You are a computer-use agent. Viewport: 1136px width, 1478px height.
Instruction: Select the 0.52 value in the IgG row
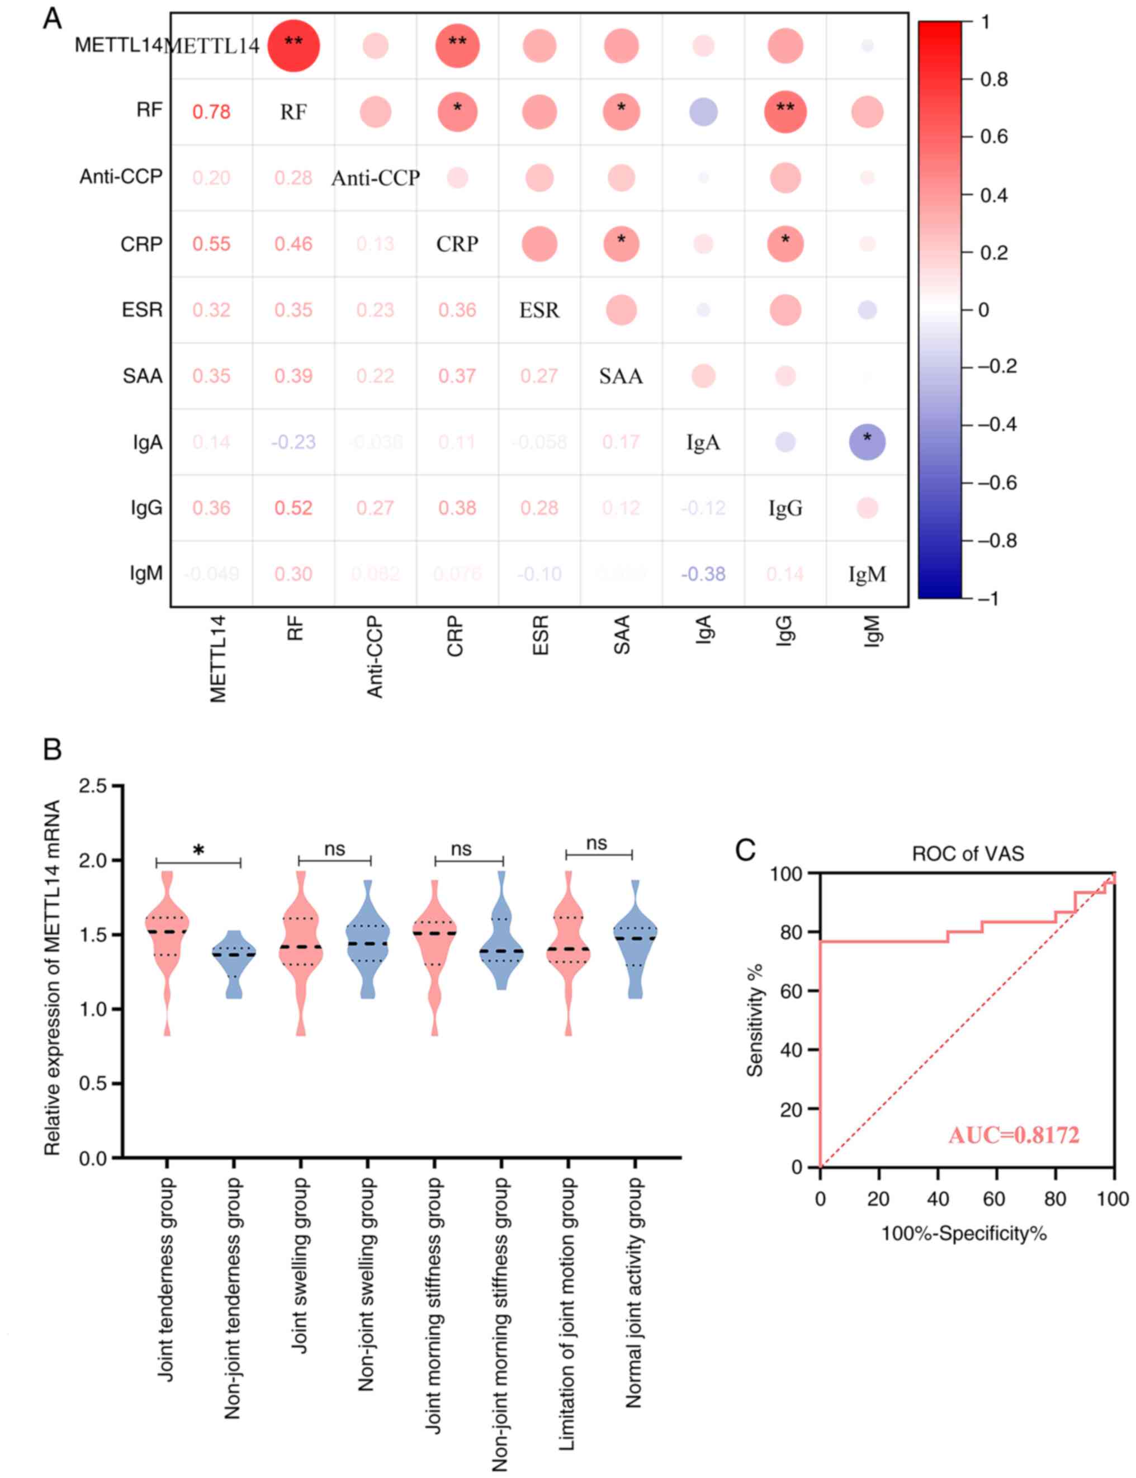click(294, 508)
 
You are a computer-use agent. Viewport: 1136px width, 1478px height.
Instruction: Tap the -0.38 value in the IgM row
click(703, 574)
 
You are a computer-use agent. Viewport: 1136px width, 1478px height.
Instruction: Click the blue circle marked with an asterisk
click(867, 442)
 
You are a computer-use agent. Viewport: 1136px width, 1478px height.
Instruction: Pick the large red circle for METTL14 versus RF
click(294, 46)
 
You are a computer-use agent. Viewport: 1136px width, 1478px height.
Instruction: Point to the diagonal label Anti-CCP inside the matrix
click(375, 178)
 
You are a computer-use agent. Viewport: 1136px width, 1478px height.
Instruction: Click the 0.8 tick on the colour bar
click(993, 80)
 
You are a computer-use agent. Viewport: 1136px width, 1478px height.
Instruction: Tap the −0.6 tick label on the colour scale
click(997, 483)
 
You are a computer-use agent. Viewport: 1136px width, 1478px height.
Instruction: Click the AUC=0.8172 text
click(1014, 1135)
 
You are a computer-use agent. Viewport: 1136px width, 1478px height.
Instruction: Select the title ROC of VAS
click(968, 854)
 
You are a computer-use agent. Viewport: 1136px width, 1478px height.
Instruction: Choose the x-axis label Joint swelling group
click(300, 1265)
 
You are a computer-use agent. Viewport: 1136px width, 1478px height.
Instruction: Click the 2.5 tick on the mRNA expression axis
click(93, 787)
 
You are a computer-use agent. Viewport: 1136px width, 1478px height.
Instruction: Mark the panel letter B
click(52, 750)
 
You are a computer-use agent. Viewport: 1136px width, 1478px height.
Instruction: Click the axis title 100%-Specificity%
click(964, 1235)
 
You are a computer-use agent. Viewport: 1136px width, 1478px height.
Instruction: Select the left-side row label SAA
click(143, 376)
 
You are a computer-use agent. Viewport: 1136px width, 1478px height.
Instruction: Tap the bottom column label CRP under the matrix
click(455, 636)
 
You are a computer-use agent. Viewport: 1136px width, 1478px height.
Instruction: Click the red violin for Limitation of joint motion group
click(568, 954)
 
